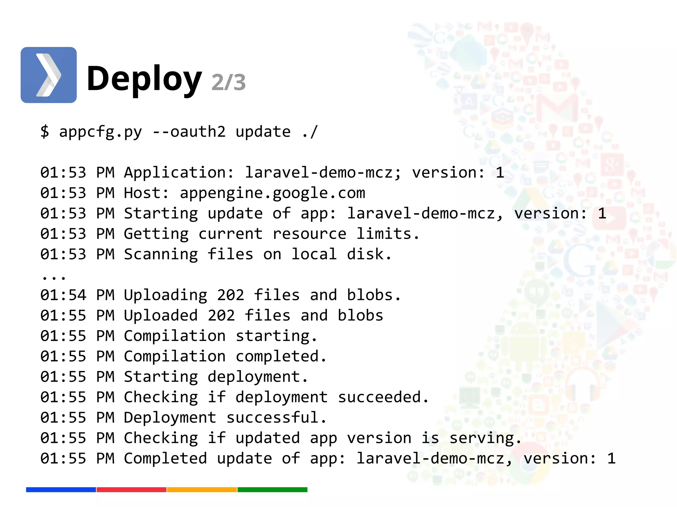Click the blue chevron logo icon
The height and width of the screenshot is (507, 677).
tap(49, 75)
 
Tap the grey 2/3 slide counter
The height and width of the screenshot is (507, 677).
tap(228, 82)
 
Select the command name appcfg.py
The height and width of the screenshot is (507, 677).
tap(100, 132)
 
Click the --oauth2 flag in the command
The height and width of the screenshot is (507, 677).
tap(189, 132)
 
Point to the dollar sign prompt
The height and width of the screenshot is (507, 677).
tap(45, 132)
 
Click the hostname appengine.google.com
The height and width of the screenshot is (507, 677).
tap(272, 193)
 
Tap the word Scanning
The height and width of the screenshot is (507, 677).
tap(161, 254)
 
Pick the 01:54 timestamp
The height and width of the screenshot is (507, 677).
tap(63, 295)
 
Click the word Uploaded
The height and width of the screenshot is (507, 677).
tap(161, 316)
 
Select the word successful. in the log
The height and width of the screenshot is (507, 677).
tap(276, 418)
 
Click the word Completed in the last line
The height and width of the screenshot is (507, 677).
tap(165, 459)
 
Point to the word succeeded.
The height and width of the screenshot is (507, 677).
tap(383, 397)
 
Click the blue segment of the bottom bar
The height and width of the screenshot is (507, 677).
tap(61, 490)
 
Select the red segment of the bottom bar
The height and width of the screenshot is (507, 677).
tap(131, 490)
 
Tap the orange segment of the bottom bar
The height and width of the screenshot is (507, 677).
tap(202, 490)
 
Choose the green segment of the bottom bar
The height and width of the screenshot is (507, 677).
tap(272, 490)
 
